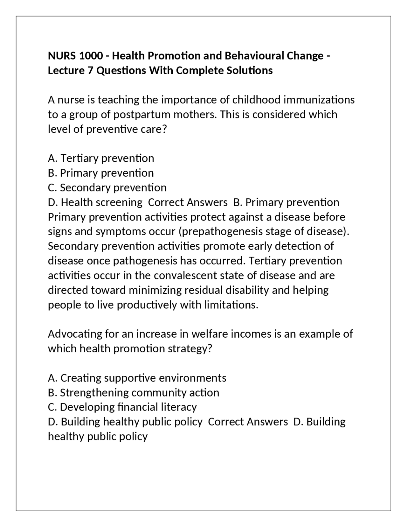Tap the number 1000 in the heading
tap(91, 56)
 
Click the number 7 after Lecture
tap(90, 70)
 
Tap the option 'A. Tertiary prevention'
tap(101, 158)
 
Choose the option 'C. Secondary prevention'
tap(107, 187)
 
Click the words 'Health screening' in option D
tap(101, 202)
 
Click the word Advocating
tap(74, 334)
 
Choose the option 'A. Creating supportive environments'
tap(137, 378)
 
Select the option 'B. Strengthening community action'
tap(134, 392)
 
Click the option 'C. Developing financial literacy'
tap(122, 407)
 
